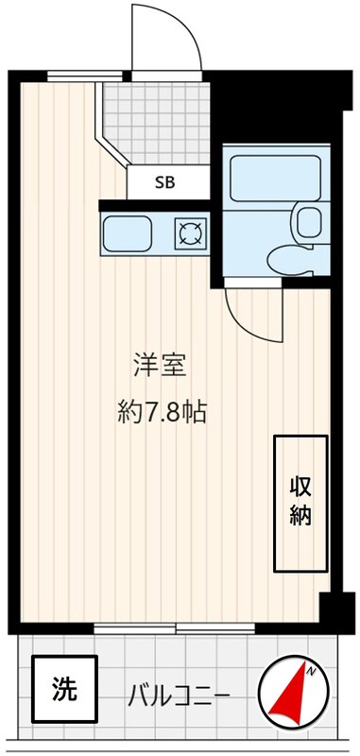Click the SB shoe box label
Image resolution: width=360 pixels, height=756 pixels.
click(164, 182)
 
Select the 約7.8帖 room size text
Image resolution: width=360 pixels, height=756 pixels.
click(163, 412)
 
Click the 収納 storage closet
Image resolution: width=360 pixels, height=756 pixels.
click(301, 504)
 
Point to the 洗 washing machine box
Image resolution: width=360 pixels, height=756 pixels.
click(64, 689)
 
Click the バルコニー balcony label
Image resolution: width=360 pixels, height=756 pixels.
click(179, 696)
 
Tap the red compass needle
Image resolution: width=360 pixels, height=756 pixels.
click(290, 691)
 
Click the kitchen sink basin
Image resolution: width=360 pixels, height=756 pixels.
click(127, 233)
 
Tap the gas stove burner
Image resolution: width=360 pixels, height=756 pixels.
click(190, 233)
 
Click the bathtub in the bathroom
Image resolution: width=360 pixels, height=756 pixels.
click(276, 179)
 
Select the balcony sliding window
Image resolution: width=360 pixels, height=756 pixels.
click(174, 628)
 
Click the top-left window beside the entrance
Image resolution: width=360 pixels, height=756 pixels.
click(85, 77)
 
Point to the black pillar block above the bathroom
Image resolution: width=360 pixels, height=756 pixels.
click(280, 107)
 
